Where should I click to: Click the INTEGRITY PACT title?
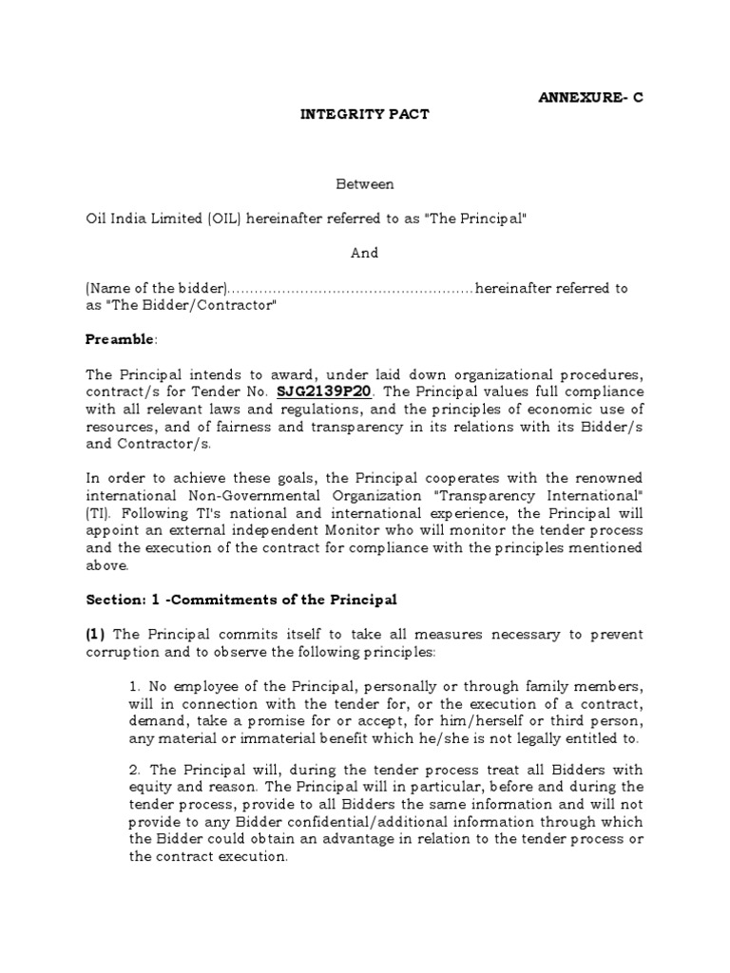click(365, 114)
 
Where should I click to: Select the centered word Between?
click(365, 183)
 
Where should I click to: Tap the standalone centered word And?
click(365, 253)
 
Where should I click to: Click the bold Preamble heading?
click(118, 339)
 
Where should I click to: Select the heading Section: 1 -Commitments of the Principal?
click(240, 600)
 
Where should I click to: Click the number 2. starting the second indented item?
click(135, 769)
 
